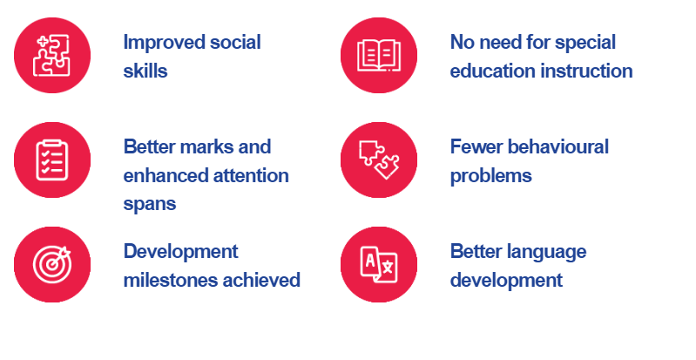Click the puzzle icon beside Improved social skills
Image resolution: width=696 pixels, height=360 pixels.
tap(52, 55)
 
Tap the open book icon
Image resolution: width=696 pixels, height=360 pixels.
tap(379, 55)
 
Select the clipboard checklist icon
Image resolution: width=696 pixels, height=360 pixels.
tap(52, 160)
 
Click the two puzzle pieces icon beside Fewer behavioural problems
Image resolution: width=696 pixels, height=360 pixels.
tap(379, 160)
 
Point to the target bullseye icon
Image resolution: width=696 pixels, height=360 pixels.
tap(52, 264)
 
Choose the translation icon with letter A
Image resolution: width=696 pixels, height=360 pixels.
tap(379, 264)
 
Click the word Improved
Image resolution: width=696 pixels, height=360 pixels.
tap(164, 43)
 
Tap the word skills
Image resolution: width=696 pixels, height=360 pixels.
tap(145, 71)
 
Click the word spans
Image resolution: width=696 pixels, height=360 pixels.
tap(150, 205)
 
